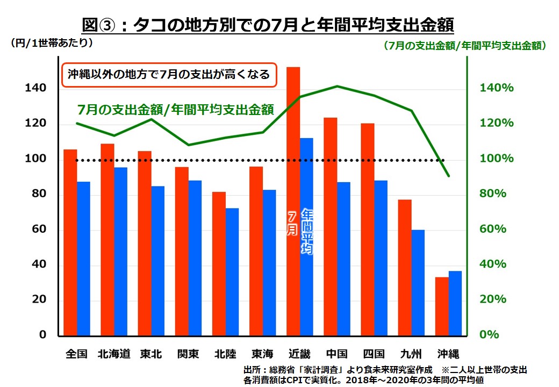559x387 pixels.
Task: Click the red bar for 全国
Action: tap(70, 242)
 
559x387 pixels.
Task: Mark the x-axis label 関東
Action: tap(188, 354)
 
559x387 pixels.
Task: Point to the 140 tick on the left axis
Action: tap(34, 88)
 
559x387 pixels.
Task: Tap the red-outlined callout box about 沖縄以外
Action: tap(169, 74)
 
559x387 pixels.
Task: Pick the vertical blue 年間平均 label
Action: tap(306, 231)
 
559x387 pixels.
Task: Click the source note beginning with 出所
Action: tap(384, 375)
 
